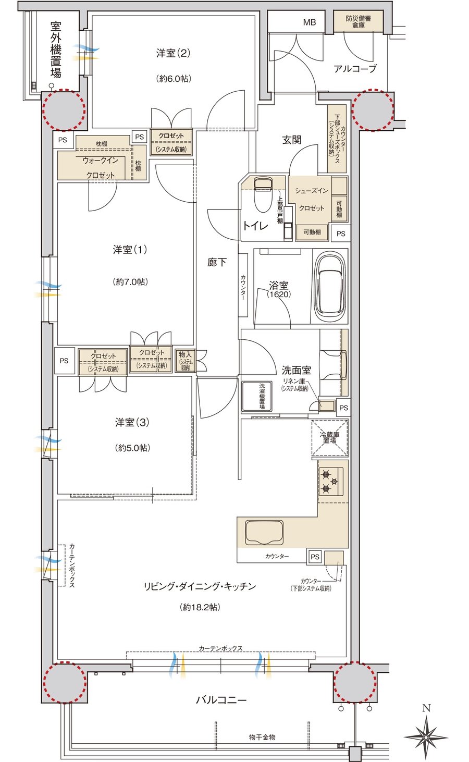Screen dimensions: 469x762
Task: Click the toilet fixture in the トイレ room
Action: coord(263,194)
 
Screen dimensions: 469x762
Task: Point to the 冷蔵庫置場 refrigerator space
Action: coord(330,437)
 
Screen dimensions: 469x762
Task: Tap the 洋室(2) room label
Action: coord(173,53)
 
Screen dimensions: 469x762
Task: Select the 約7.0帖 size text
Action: coord(130,281)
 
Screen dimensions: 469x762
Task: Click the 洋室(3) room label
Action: coord(132,422)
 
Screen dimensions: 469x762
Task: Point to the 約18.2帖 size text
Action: coord(200,607)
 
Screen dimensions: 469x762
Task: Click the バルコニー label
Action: coord(221,700)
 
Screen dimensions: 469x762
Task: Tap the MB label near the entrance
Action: coord(310,22)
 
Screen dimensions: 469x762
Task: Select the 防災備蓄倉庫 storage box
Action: coord(359,21)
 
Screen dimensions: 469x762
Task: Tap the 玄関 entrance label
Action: coord(291,140)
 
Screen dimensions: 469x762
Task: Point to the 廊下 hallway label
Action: coord(217,262)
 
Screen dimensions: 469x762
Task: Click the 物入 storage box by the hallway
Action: coord(186,360)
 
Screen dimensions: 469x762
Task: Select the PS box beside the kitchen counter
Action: coord(315,557)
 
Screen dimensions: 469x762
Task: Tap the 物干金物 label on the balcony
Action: coord(262,737)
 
